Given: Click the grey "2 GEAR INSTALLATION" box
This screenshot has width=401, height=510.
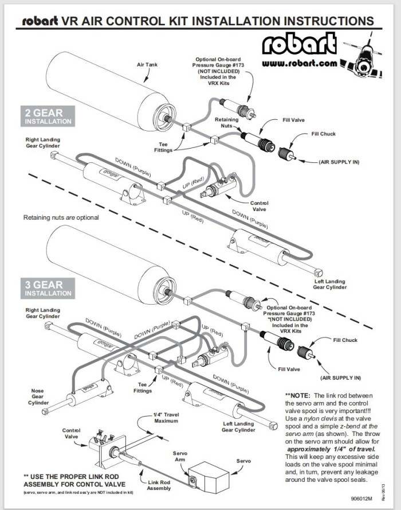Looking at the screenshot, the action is coord(48,116).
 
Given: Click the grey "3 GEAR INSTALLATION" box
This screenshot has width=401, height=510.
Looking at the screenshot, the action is coord(48,288).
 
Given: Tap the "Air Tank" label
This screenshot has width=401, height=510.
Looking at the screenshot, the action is coord(147,65).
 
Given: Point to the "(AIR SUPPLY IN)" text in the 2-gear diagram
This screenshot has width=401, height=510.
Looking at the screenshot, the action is coord(339,162).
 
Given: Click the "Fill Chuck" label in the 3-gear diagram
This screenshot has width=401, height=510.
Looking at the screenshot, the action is coord(345,340).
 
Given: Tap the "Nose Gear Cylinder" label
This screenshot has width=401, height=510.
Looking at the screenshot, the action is coord(38,397).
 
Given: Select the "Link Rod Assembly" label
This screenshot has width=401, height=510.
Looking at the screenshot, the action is coord(159,485).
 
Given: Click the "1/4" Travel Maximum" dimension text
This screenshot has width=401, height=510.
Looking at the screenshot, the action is coord(166,418).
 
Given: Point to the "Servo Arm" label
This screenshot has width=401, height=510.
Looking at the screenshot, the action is coord(180,456).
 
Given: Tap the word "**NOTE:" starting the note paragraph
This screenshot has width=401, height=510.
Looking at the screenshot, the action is coord(298,396).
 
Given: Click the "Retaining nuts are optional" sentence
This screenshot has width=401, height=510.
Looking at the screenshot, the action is coord(61,217).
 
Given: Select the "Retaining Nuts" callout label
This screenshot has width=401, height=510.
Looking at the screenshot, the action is coord(226,123).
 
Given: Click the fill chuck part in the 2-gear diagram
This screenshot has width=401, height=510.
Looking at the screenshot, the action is coord(287,153).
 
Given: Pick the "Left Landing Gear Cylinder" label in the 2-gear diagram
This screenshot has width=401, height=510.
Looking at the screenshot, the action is coord(330,285).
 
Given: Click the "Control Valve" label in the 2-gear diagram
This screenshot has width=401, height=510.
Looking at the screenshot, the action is coord(259,206).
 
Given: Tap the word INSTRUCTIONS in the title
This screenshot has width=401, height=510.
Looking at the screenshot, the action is coord(329,21).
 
